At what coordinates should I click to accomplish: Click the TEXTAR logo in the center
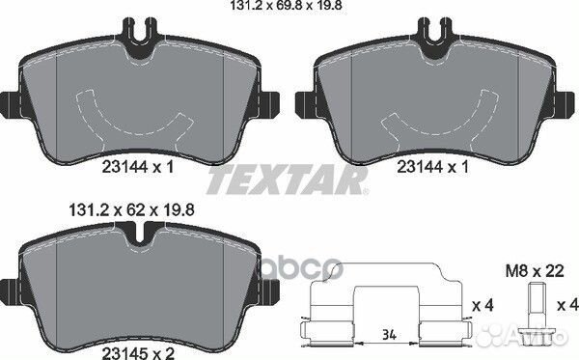pos(288,180)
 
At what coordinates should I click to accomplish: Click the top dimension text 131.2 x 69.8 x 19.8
pos(287,5)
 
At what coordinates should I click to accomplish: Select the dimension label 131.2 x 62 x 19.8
pos(131,210)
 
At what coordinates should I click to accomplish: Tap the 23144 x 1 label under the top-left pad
pos(137,167)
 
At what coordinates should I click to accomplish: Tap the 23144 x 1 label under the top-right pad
pos(432,167)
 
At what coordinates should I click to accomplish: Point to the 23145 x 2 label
pos(138,353)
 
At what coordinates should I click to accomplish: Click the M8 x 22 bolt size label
pos(535,271)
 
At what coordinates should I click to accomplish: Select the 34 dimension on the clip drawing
pos(389,335)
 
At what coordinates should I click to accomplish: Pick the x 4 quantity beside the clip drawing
pos(483,305)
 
